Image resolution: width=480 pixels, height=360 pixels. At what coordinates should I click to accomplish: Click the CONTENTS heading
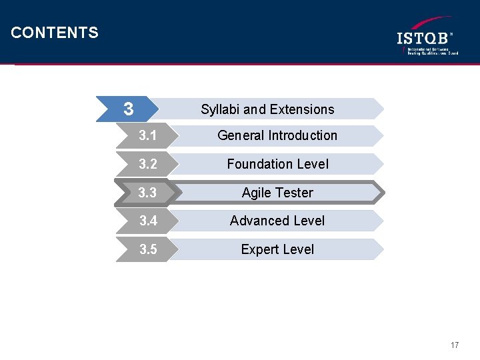(x=55, y=33)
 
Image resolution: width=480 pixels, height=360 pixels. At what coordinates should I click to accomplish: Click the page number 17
(x=455, y=345)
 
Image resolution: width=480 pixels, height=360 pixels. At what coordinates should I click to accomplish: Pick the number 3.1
(x=148, y=136)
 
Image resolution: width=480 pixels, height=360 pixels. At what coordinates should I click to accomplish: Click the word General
(x=241, y=135)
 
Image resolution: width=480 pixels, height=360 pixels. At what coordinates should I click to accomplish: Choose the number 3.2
(x=148, y=164)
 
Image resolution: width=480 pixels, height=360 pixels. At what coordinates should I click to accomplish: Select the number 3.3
(x=148, y=193)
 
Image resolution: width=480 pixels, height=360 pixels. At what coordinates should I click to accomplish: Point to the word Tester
(x=294, y=193)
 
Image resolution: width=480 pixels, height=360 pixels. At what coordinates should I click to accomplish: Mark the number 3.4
(x=148, y=221)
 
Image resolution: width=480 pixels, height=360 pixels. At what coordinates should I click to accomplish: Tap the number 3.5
(x=148, y=249)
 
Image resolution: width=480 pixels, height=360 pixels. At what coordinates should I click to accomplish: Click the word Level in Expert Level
(x=297, y=249)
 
